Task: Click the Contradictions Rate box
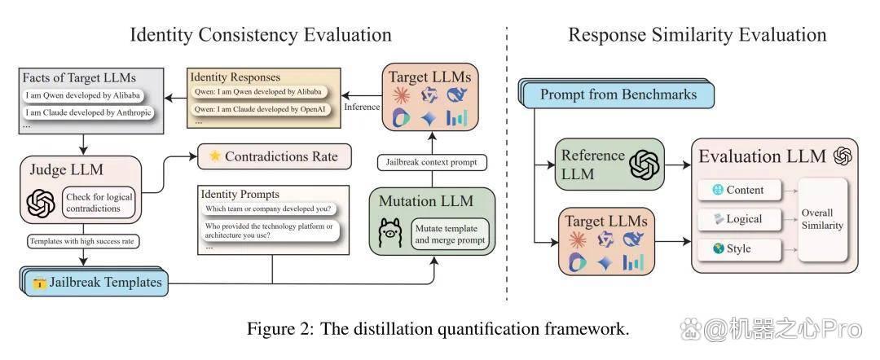275,156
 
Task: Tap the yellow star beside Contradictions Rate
215,156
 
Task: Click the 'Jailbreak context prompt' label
432,163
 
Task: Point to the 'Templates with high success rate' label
84,242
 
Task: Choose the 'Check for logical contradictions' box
100,203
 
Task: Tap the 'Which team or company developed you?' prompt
268,209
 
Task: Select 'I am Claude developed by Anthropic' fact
88,112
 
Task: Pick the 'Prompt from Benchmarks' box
618,94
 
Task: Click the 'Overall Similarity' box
822,219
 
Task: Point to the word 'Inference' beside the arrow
362,107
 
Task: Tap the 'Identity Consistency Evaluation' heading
261,34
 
